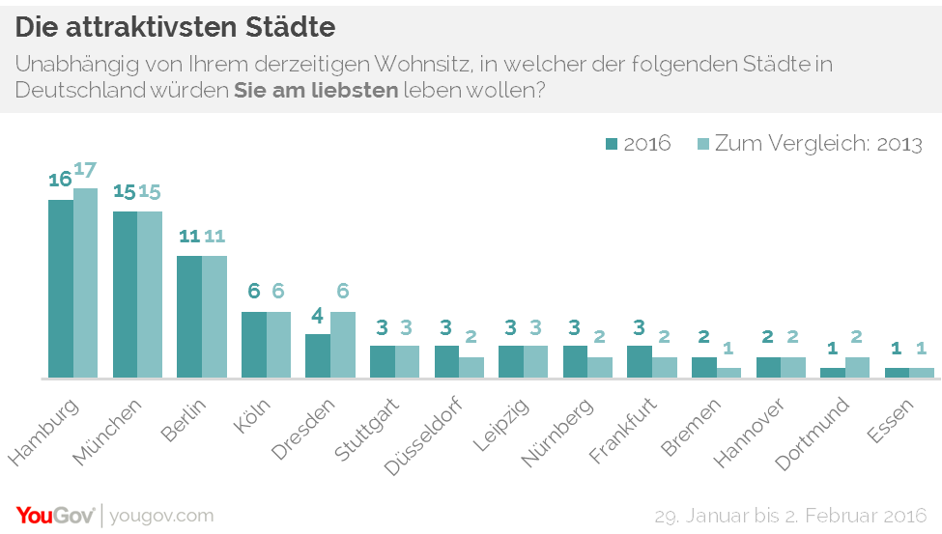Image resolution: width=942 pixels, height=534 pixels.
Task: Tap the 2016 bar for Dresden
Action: coord(318,355)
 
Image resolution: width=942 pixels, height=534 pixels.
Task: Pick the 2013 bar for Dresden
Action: coord(343,344)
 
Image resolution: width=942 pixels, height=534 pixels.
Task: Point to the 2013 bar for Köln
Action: coord(279,344)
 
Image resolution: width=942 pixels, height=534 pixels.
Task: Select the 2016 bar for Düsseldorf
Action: coord(446,361)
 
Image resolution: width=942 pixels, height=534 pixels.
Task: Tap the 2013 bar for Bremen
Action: coord(729,372)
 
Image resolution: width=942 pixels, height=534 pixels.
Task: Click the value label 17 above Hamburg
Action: coord(86,170)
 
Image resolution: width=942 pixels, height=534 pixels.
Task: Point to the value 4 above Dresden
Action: coord(318,316)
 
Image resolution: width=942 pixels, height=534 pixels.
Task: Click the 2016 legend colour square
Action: coord(612,144)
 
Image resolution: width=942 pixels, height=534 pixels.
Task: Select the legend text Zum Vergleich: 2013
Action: coord(818,144)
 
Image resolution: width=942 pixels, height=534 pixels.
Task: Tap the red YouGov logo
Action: coord(54,515)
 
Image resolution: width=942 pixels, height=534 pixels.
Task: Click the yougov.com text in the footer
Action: coord(161,515)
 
